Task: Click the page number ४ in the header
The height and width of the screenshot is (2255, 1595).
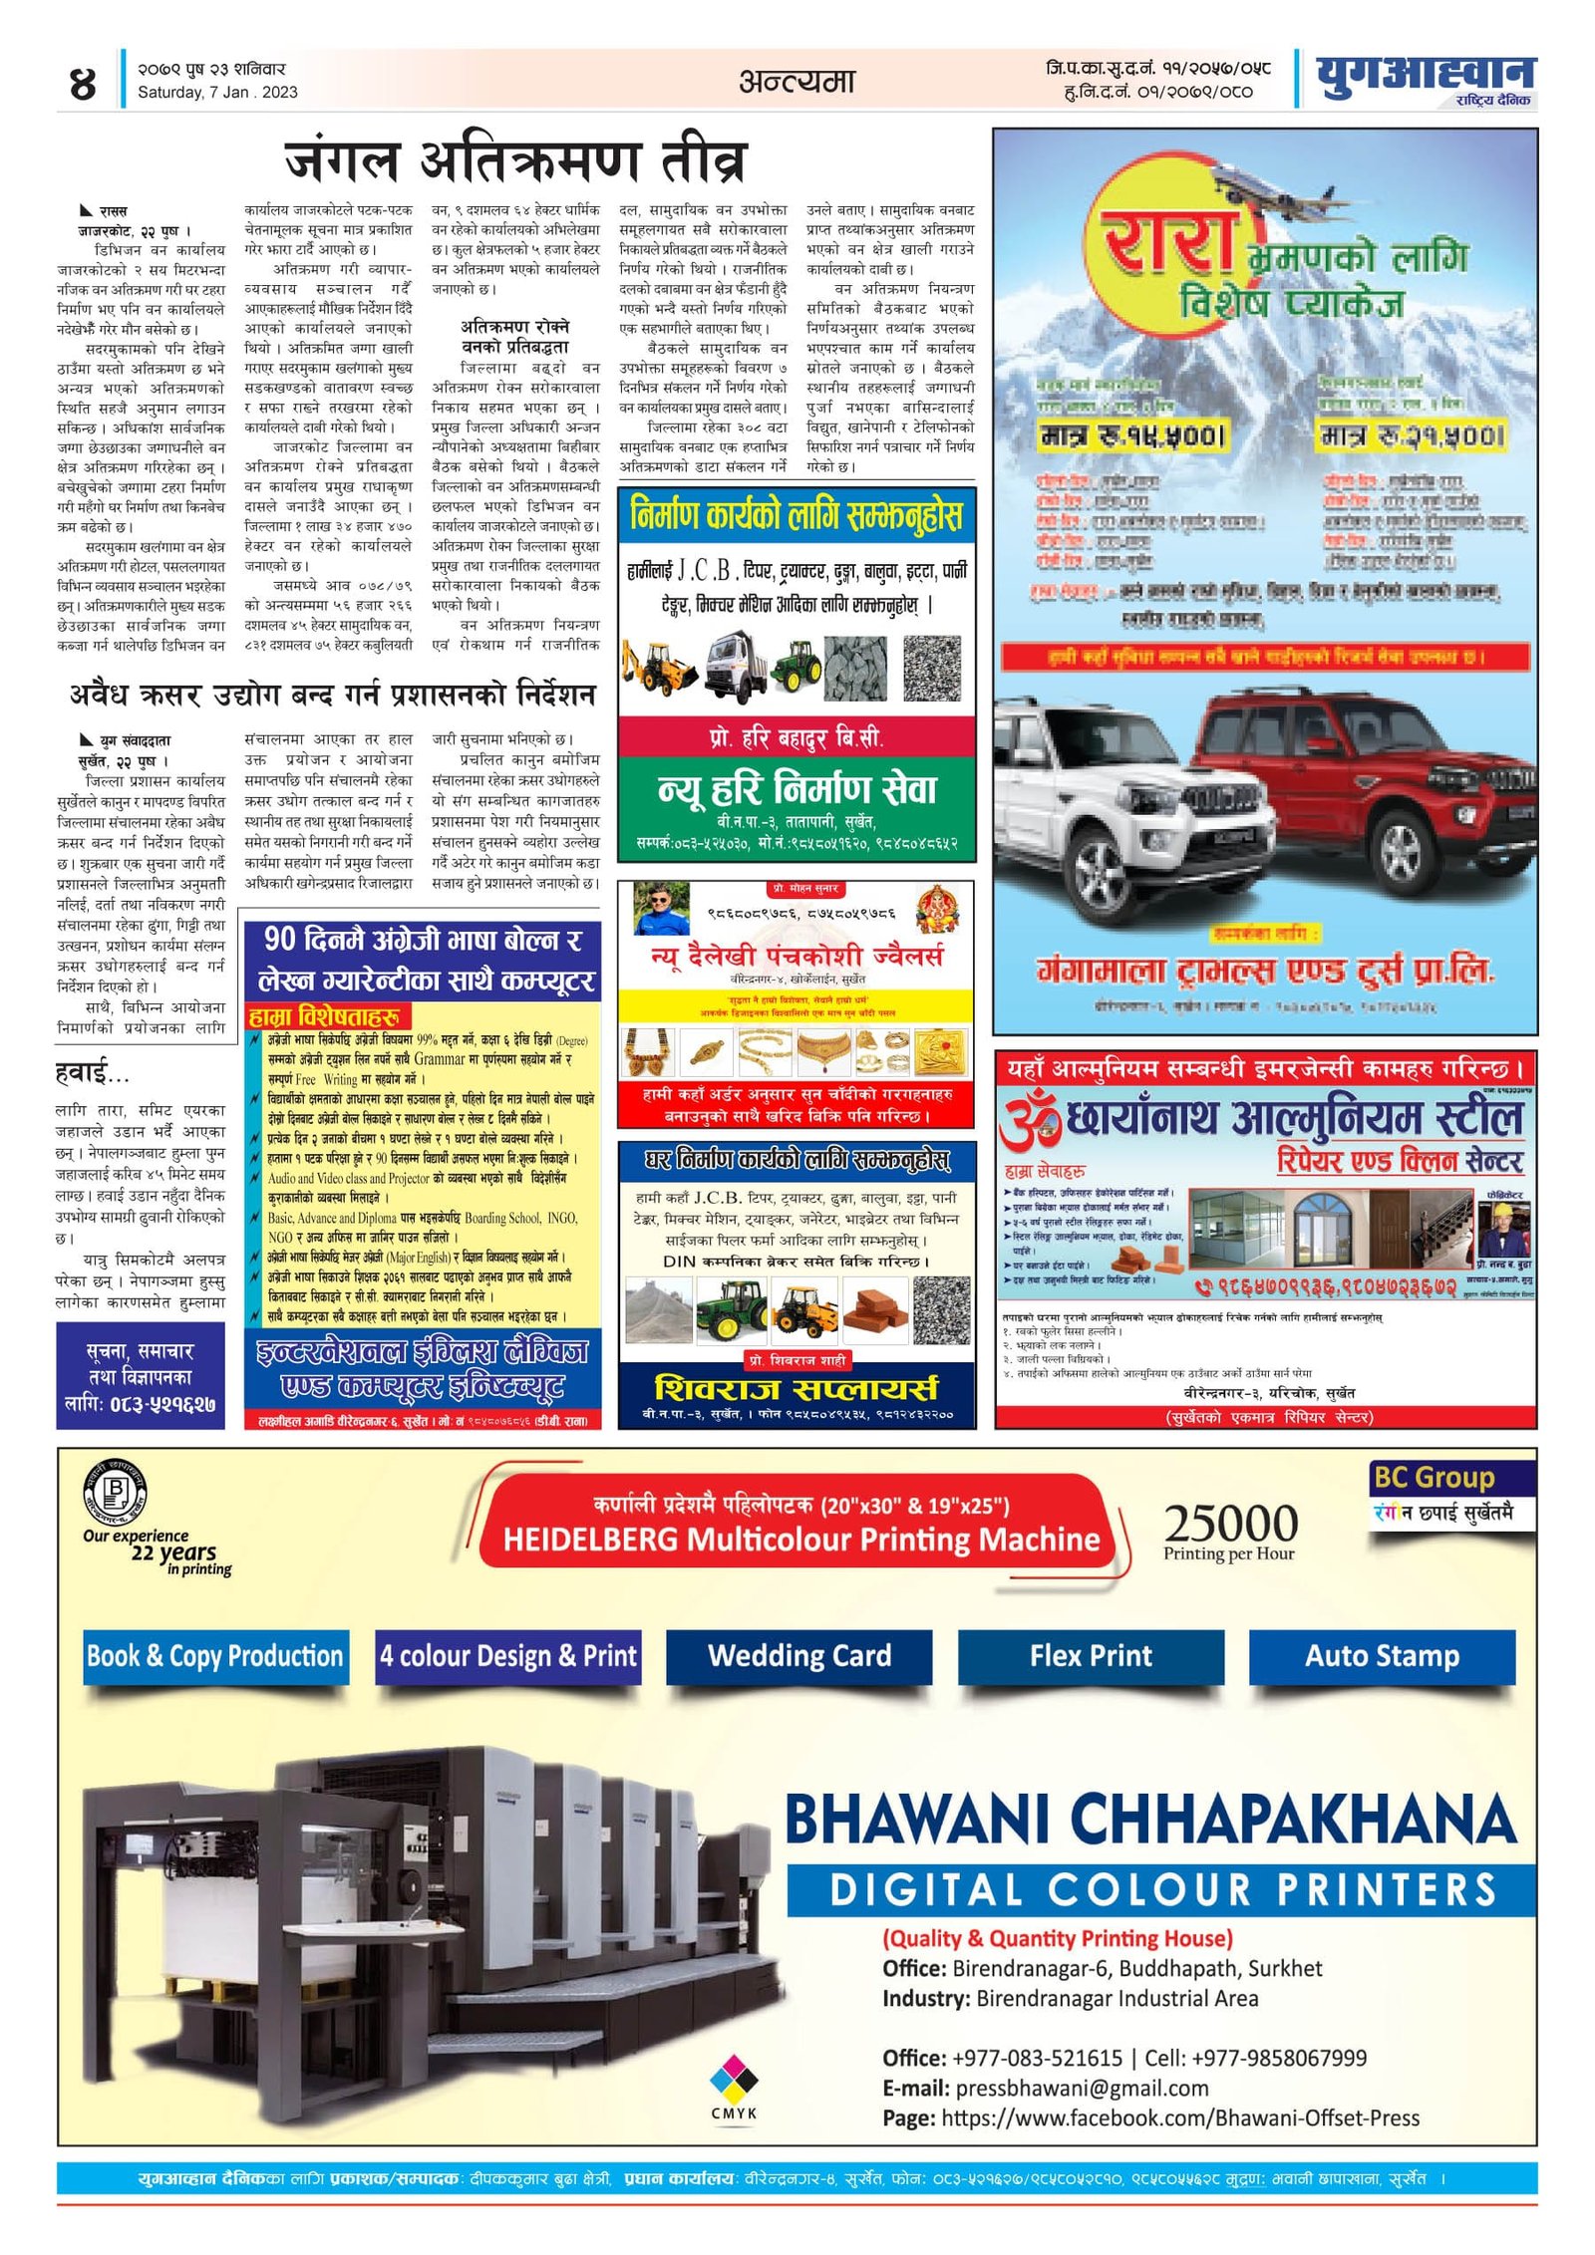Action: click(83, 82)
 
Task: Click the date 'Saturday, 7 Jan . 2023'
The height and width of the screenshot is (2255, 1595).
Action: click(217, 93)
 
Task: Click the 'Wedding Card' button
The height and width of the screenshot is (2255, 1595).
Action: click(798, 1655)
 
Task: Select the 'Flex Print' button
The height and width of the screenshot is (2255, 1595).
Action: click(1091, 1655)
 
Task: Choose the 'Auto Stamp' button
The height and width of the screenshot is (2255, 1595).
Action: click(1382, 1655)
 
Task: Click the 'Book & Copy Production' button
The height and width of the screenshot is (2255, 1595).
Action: click(215, 1655)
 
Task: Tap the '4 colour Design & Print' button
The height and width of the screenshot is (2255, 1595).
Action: click(507, 1655)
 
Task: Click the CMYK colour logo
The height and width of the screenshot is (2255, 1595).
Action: click(734, 2082)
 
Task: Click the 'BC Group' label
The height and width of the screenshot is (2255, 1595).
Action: click(1434, 1478)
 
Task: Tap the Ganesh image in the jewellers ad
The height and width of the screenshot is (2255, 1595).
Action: click(937, 908)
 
